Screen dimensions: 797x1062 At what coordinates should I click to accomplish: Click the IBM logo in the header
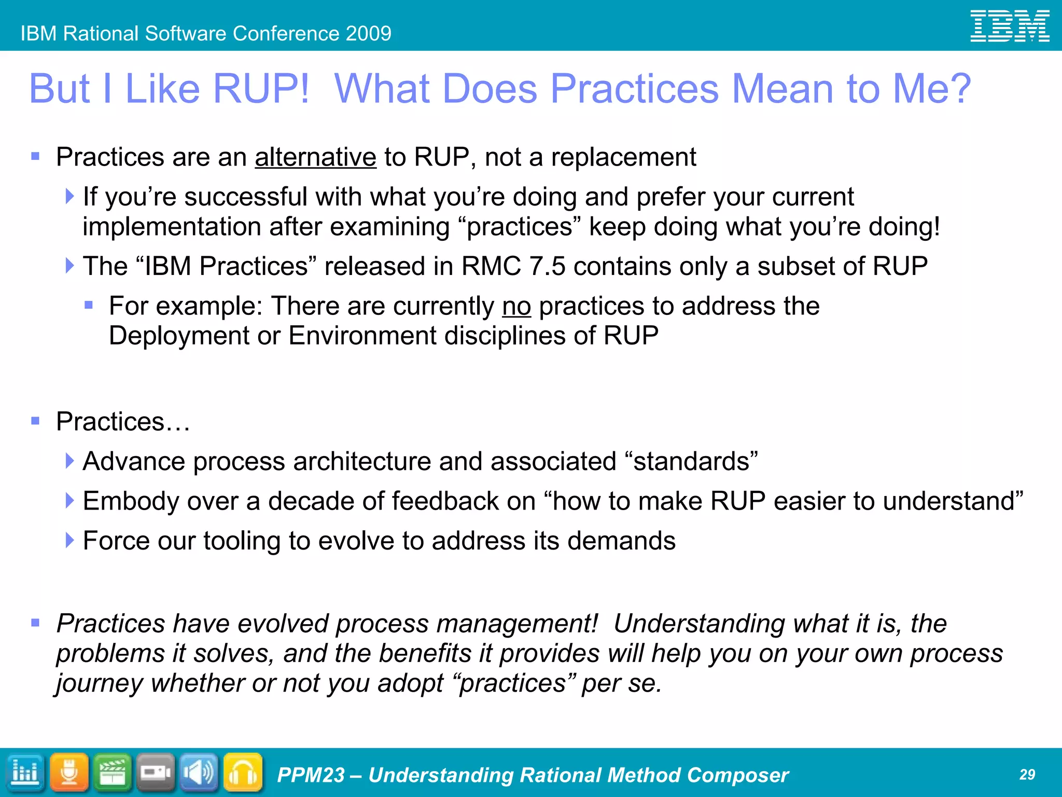click(1010, 26)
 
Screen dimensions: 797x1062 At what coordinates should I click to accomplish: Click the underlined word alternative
click(315, 157)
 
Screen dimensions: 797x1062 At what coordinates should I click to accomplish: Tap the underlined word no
click(516, 306)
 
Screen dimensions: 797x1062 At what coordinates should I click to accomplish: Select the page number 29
click(1027, 775)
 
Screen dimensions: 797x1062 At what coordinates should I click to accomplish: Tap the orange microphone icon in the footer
click(69, 773)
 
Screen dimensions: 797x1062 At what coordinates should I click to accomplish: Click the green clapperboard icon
click(113, 773)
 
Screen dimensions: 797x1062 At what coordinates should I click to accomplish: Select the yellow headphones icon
click(243, 773)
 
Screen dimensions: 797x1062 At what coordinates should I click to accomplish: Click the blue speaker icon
click(199, 773)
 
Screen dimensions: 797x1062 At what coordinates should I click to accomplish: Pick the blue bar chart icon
click(25, 773)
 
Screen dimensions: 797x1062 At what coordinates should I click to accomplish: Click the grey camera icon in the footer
click(156, 773)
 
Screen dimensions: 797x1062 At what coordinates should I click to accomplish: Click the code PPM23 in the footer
click(310, 775)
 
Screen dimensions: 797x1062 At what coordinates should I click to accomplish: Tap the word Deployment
click(179, 336)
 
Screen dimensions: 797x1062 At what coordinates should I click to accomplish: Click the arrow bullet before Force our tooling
click(69, 540)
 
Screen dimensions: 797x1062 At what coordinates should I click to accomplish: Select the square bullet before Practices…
click(35, 421)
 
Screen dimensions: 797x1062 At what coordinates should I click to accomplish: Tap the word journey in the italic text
click(99, 683)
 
